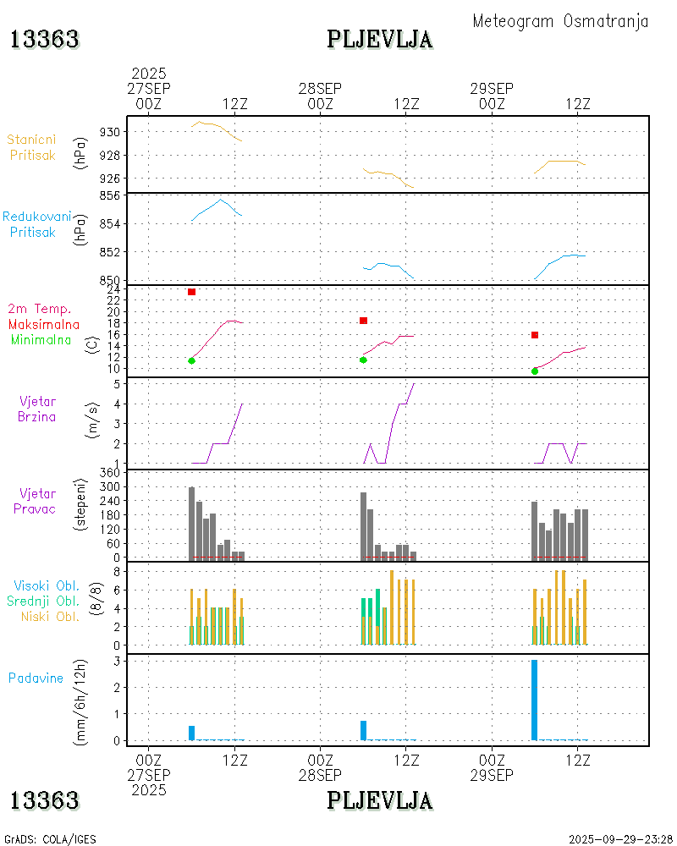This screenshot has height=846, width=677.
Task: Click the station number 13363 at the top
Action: [x=45, y=39]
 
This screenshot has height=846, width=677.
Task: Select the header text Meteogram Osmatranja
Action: [x=560, y=21]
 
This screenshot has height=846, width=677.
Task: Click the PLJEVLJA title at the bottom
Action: [x=380, y=799]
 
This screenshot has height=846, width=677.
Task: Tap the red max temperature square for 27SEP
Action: [x=192, y=292]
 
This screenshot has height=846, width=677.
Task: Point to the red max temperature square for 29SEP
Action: [x=535, y=335]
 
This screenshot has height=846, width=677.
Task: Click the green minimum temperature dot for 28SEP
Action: [x=363, y=360]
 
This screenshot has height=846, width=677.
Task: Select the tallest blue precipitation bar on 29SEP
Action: [x=535, y=700]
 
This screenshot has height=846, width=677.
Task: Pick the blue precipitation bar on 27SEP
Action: [x=192, y=733]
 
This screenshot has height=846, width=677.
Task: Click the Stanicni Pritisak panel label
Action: [x=32, y=147]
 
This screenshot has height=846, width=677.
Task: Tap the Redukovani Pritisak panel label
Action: [x=36, y=224]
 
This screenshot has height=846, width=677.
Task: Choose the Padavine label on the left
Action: [x=36, y=678]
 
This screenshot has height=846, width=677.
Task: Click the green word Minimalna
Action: [x=41, y=339]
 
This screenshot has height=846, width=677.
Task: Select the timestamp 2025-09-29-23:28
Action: [x=621, y=839]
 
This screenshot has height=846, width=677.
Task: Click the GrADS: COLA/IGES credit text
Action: [x=50, y=839]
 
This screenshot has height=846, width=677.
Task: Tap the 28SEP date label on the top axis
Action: [x=320, y=89]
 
